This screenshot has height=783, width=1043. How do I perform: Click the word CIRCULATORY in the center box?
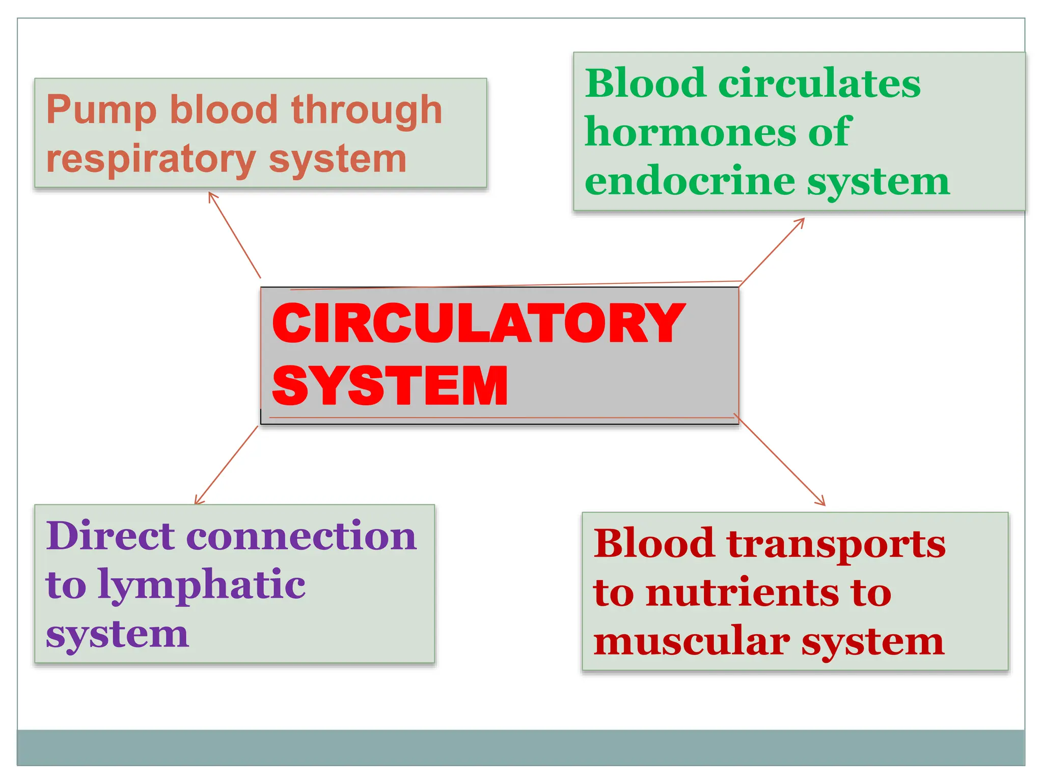pyautogui.click(x=479, y=323)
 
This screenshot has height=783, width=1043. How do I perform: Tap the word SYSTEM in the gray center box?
pyautogui.click(x=390, y=386)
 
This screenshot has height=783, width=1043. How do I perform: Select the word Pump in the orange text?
pyautogui.click(x=101, y=110)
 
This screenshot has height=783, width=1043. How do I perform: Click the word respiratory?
pyautogui.click(x=150, y=159)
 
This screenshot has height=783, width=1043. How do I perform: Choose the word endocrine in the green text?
pyautogui.click(x=690, y=181)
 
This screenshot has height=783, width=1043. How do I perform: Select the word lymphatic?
pyautogui.click(x=201, y=585)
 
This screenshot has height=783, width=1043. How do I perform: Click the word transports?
pyautogui.click(x=836, y=543)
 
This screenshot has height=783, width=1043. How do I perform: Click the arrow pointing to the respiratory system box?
pyautogui.click(x=234, y=234)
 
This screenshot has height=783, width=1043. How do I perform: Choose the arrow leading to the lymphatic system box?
pyautogui.click(x=227, y=465)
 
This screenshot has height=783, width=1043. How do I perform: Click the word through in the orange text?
pyautogui.click(x=367, y=110)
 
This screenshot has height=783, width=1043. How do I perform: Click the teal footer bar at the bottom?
pyautogui.click(x=520, y=747)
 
